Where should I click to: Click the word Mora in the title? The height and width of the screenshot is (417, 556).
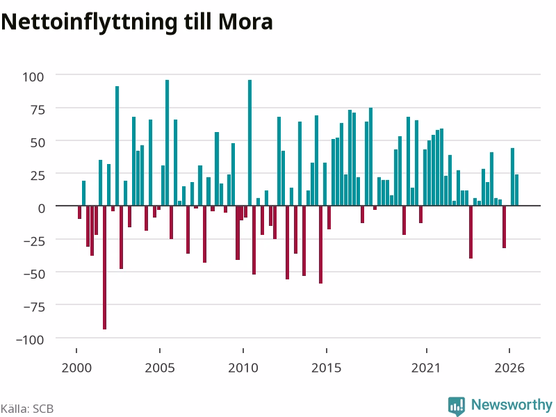coord(245,22)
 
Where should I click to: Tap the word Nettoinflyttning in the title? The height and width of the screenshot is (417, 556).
coord(89,23)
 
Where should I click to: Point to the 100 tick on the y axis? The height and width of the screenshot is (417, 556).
coord(33,76)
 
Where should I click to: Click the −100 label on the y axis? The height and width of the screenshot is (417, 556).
coord(30,339)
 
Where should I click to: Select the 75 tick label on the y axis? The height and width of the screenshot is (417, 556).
coord(38,110)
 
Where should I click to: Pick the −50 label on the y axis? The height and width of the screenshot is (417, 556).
coord(34,274)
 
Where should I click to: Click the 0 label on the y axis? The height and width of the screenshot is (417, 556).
coord(42,208)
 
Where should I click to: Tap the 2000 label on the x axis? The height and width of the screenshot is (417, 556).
coord(76,368)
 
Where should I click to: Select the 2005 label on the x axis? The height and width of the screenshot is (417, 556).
coord(160,368)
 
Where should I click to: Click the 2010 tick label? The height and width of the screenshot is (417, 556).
coord(243,368)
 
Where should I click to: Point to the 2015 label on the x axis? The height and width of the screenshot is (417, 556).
coord(327,368)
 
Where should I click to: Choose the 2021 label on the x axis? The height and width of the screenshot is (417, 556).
coord(426,368)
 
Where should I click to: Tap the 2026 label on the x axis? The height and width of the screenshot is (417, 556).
coord(509,368)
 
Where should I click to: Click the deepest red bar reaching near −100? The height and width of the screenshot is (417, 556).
coord(105,268)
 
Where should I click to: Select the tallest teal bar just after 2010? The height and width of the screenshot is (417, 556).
coord(250,143)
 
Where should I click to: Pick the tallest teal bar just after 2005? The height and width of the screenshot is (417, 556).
coord(167,143)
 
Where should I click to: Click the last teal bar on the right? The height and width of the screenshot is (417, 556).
coord(516,190)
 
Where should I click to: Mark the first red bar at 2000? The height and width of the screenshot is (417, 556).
coord(79,212)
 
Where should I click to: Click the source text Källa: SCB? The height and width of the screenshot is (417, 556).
coord(27,409)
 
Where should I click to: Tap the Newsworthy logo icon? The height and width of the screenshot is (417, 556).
coord(457,406)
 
